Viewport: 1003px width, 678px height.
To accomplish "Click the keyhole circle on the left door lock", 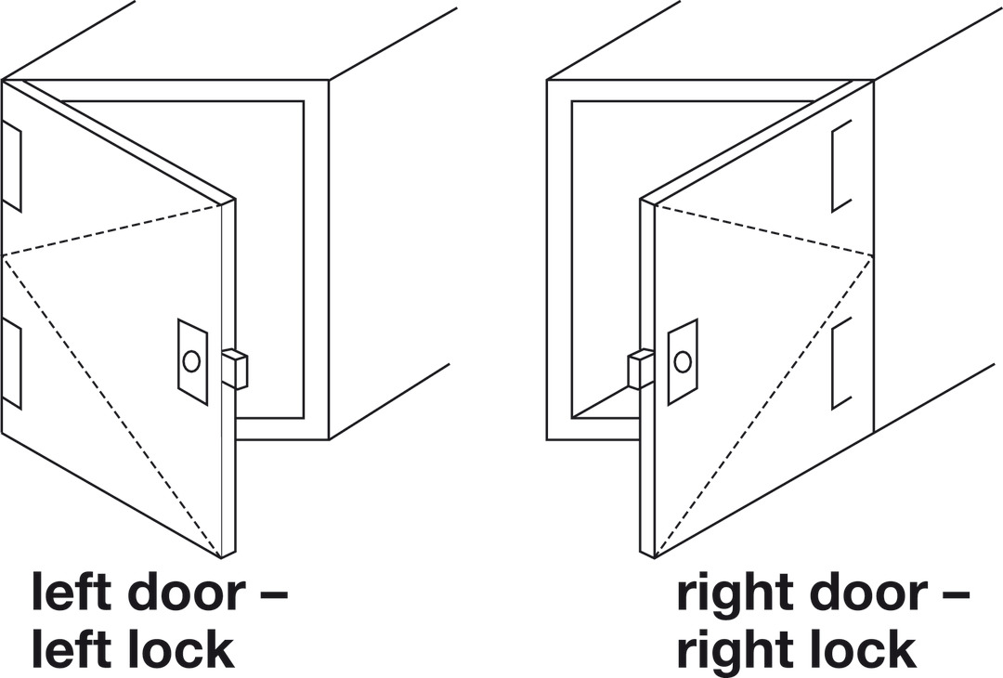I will tap(191, 361).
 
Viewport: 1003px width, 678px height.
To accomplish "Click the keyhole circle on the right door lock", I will tap(683, 361).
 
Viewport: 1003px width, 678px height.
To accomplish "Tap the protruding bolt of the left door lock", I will tap(235, 369).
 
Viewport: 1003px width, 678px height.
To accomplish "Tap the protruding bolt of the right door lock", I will tap(641, 369).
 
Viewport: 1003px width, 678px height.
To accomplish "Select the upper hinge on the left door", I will tap(12, 165).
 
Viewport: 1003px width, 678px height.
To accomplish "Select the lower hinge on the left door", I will tap(12, 364).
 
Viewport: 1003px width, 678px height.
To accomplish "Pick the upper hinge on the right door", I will tap(841, 165).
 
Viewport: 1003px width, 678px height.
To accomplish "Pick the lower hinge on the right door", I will tap(841, 364).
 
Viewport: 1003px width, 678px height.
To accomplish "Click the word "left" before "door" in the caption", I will tap(72, 592).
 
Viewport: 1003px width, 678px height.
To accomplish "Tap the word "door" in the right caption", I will tap(868, 592).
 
